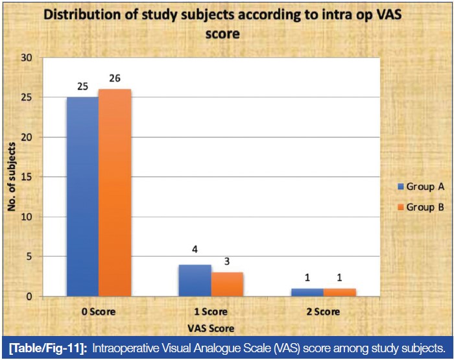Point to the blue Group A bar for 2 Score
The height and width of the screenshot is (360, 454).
[307, 293]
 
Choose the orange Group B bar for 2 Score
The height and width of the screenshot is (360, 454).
[339, 293]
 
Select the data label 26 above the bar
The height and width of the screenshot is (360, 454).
[114, 79]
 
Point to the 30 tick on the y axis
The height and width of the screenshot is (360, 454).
[27, 58]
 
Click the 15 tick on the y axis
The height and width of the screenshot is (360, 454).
[27, 177]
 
